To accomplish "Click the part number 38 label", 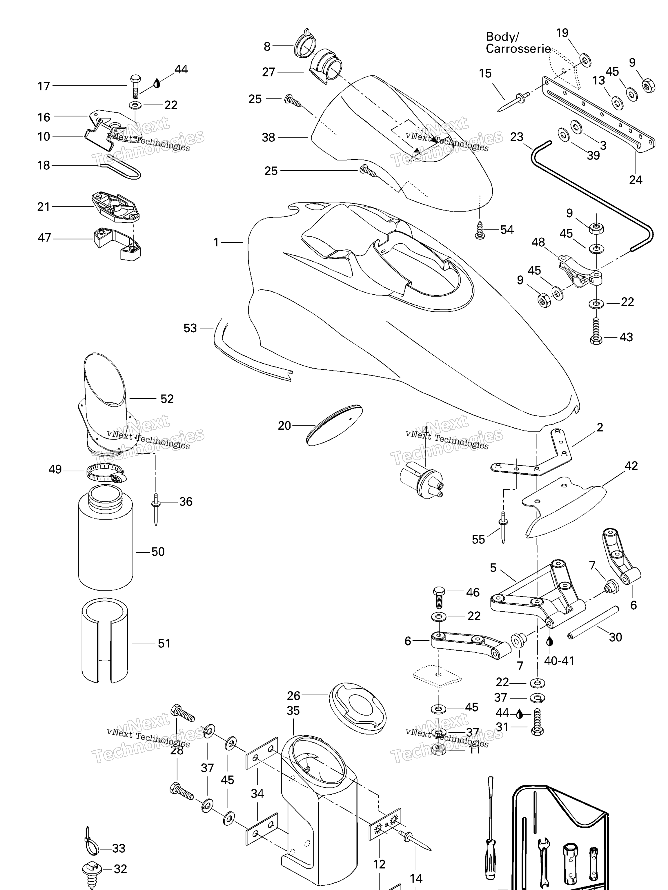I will (268, 138).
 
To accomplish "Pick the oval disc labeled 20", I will (334, 425).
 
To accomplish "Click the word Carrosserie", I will (518, 49).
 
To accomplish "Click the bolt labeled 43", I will (596, 331).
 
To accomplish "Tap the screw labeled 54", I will (480, 231).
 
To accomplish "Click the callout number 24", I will (636, 180).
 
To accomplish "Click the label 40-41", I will (559, 661).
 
